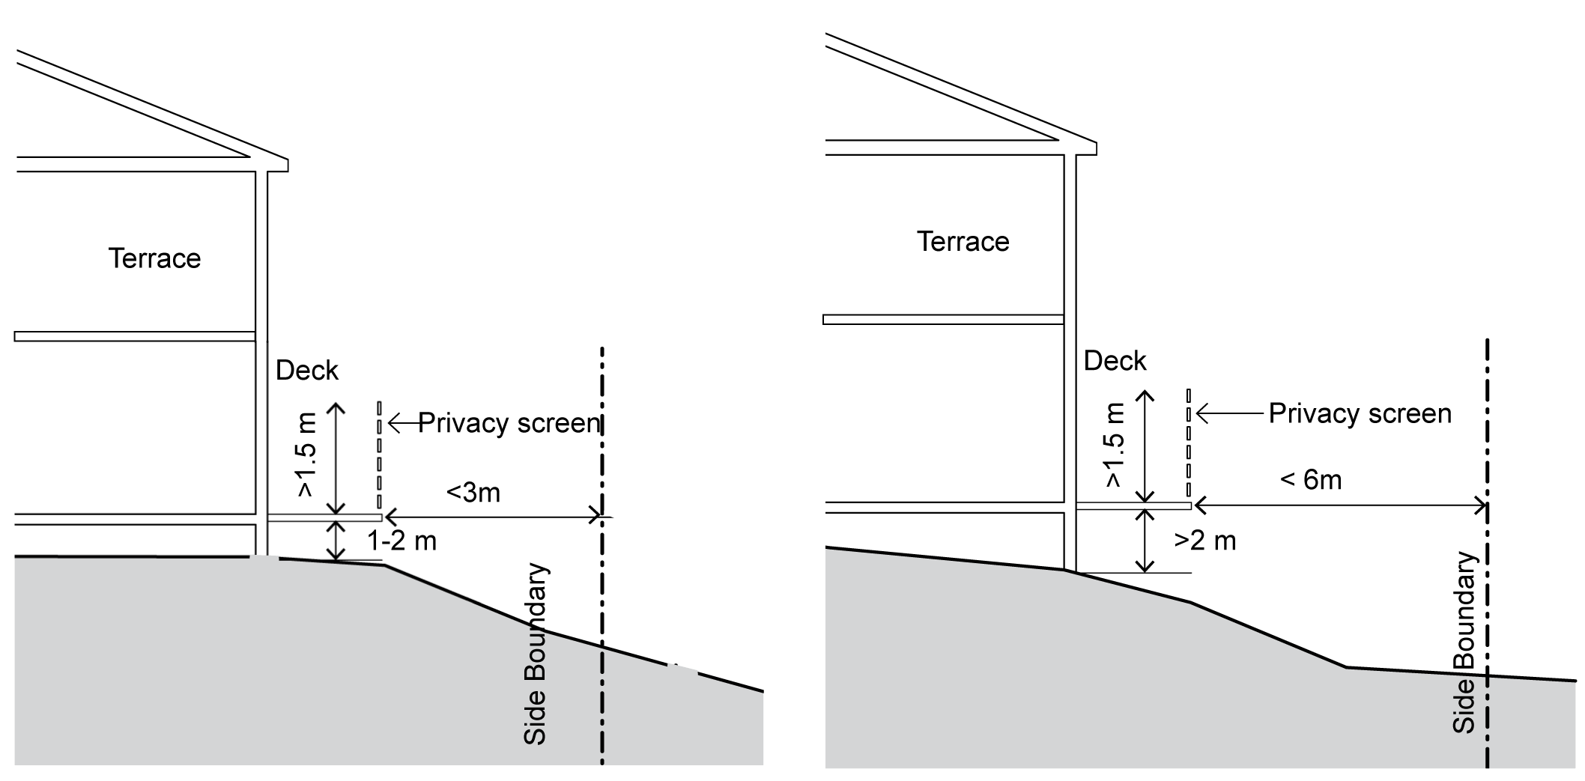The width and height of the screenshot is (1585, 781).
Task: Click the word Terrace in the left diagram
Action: [154, 258]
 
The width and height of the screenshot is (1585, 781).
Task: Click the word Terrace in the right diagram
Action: [963, 242]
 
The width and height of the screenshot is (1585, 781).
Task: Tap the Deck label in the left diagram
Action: [306, 370]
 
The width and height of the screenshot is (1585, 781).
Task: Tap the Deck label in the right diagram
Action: [1115, 361]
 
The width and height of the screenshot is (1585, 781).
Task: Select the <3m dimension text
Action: [473, 493]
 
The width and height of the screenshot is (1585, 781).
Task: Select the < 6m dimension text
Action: [1311, 479]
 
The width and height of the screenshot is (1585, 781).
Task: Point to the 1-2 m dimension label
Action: [401, 541]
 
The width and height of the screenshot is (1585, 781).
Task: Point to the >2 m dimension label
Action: [1204, 540]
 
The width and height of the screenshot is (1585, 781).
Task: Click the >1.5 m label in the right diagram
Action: [1115, 446]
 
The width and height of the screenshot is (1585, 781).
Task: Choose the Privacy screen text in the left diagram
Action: [509, 423]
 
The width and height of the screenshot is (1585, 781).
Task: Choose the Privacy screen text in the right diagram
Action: [1360, 413]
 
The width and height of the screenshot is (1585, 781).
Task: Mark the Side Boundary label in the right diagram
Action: [1464, 642]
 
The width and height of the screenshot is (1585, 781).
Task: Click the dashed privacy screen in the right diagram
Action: [1188, 445]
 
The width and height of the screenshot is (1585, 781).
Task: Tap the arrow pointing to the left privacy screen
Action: [402, 424]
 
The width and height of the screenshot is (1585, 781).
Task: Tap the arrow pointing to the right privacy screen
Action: [1228, 413]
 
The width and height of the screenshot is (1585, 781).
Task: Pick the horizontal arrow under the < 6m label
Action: [1340, 506]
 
